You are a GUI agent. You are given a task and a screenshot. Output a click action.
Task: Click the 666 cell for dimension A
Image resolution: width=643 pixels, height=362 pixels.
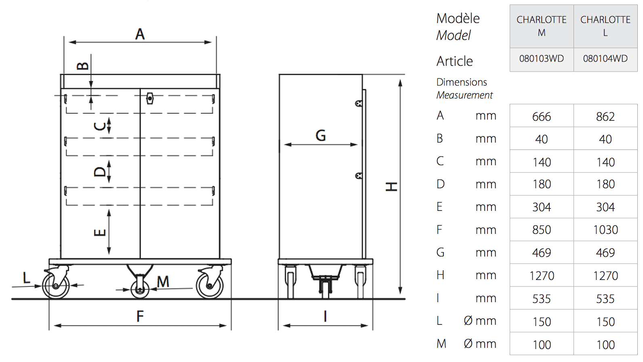[541, 116]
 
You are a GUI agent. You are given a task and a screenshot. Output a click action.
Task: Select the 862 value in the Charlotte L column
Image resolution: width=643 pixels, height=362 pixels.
[605, 116]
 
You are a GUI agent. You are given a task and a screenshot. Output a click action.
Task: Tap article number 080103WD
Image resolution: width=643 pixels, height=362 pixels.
[541, 59]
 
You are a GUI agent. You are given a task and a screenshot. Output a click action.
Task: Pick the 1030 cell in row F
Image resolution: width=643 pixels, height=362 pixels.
[605, 229]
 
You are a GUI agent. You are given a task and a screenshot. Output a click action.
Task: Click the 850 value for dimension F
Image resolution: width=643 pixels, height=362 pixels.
[541, 229]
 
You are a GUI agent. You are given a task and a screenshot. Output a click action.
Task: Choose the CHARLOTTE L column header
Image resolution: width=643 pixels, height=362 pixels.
[605, 26]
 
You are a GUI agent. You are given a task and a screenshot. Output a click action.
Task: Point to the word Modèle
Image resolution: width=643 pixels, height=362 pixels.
[458, 18]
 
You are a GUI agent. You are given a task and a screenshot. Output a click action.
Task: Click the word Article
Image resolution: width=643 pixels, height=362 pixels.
[454, 61]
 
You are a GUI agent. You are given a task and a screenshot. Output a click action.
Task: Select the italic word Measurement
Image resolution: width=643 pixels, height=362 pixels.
[464, 95]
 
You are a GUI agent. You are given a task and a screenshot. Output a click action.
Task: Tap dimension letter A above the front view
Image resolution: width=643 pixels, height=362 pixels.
[140, 34]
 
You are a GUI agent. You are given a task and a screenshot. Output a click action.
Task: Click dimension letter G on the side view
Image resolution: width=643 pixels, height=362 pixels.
[321, 135]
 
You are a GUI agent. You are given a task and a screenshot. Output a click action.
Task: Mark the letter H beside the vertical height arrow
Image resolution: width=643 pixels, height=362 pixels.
[391, 187]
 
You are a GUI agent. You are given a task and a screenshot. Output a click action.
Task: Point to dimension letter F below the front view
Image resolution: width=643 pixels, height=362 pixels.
[140, 317]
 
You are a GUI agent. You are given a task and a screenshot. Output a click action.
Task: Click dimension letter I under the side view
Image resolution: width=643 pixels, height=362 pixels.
[325, 317]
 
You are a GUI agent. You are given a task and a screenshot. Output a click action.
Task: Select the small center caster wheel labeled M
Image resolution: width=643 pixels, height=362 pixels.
[140, 289]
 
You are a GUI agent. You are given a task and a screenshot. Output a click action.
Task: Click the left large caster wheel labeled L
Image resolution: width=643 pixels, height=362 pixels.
[56, 285]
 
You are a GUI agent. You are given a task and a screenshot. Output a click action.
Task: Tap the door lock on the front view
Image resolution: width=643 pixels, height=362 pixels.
[149, 99]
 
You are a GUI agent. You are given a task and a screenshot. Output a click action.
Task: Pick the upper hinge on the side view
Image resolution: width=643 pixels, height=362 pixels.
[359, 103]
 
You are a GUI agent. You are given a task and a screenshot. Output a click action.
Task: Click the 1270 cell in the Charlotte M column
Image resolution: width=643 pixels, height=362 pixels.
[541, 276]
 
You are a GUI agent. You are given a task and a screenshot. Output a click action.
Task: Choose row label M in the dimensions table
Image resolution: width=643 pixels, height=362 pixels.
[441, 344]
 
